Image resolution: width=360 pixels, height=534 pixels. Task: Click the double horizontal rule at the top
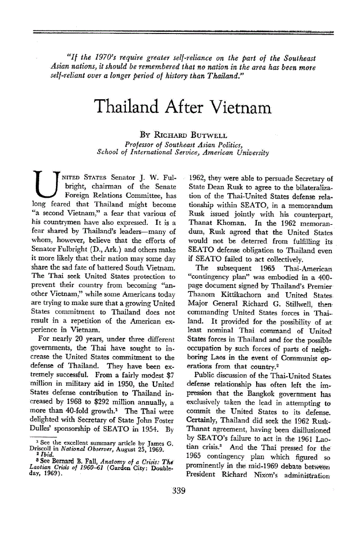(180, 31)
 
